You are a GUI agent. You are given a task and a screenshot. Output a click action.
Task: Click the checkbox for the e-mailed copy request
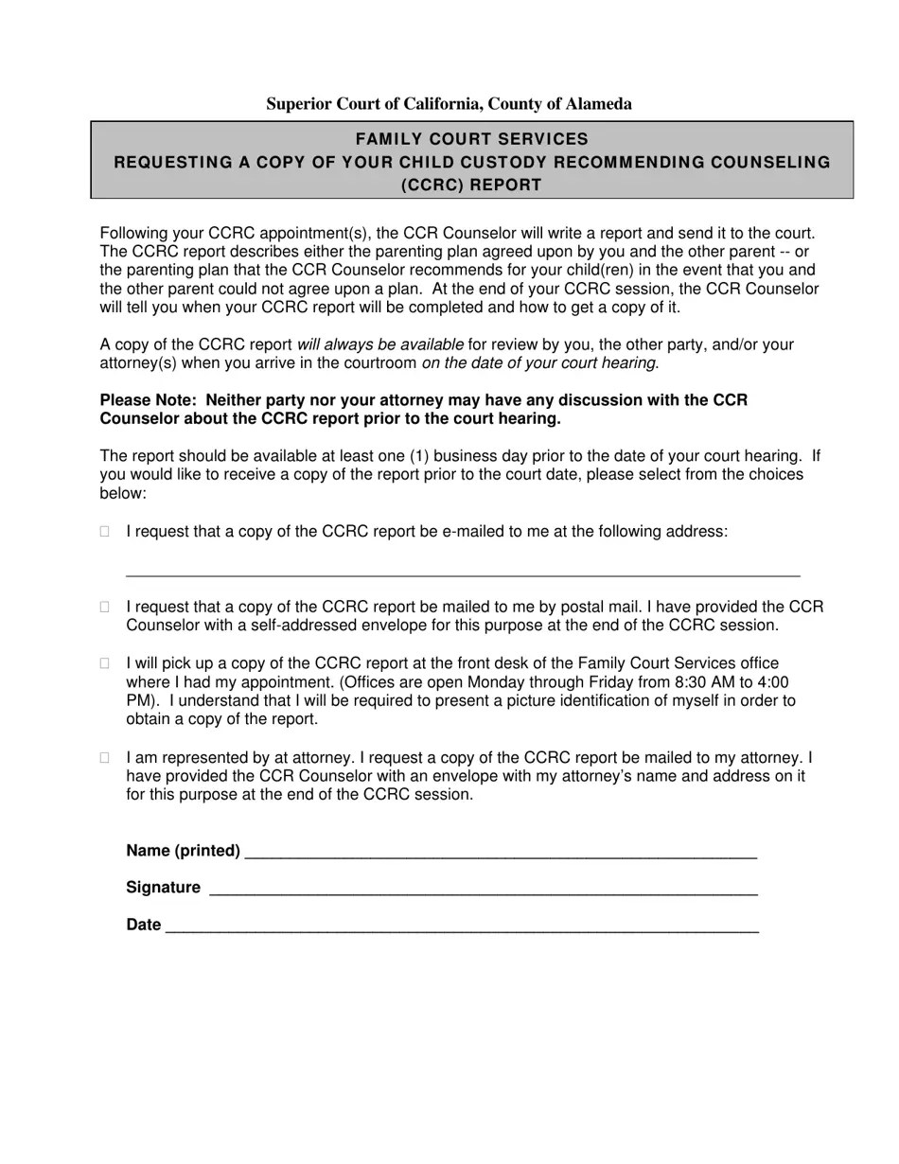coord(105,532)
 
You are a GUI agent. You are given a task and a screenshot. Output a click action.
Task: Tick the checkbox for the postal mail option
coord(105,607)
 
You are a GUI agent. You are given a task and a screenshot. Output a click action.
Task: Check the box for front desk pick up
coord(105,663)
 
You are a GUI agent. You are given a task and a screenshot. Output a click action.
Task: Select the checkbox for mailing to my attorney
coord(105,757)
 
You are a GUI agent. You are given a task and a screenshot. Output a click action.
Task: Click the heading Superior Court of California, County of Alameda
coord(449,104)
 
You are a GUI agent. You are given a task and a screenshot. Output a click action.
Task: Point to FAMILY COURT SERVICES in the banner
coord(471,139)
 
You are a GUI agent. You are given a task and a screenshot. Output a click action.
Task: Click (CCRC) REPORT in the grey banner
coord(471,185)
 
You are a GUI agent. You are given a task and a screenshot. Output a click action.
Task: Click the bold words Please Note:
coord(150,400)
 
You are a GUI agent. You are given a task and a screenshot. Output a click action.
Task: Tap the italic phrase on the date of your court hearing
coord(538,363)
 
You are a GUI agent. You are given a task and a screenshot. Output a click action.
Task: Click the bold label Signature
coord(163,888)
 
